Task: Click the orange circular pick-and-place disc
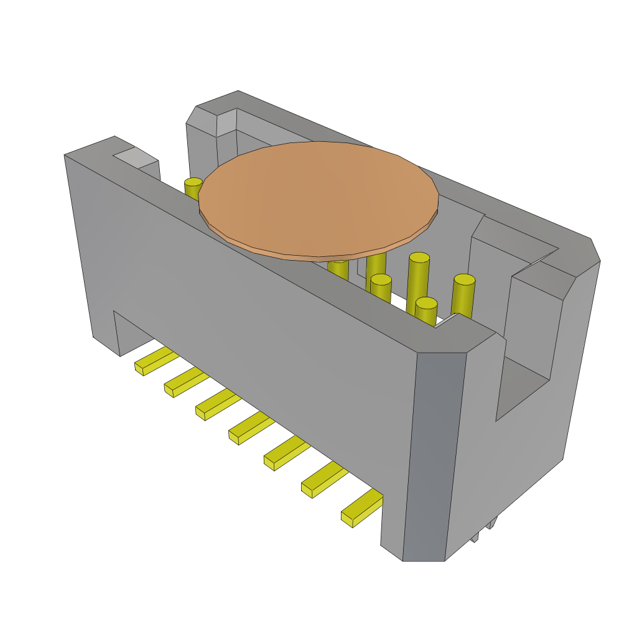point(318,198)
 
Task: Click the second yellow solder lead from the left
point(185,381)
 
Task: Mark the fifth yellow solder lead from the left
point(286,453)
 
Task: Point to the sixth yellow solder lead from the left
point(323,480)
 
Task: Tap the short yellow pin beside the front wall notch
point(426,311)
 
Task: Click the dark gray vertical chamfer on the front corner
point(434,454)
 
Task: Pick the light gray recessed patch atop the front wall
point(134,157)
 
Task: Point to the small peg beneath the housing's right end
point(491,524)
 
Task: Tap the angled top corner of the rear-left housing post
point(215,105)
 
